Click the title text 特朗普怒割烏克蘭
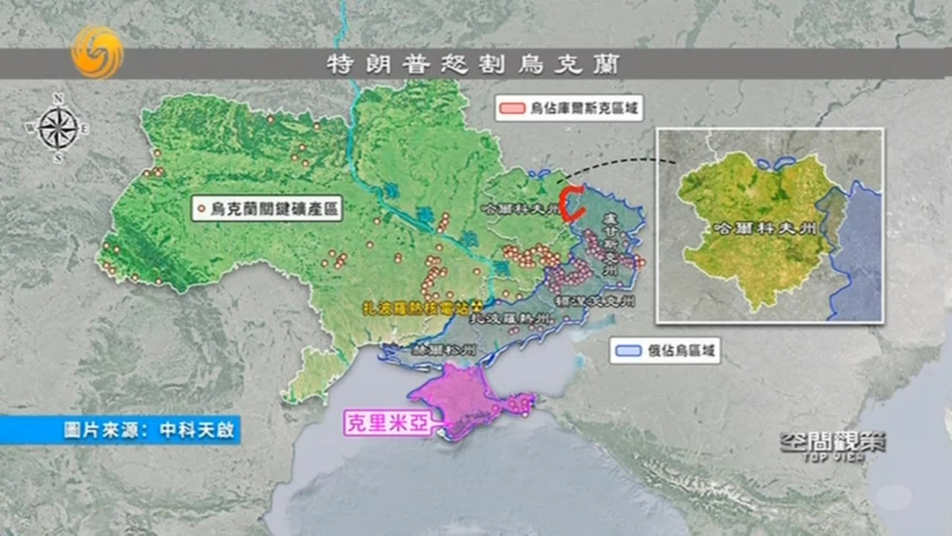coord(473,64)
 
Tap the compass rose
coord(58,127)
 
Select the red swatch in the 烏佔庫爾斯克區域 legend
coord(513,108)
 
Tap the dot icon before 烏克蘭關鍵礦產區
coord(202,209)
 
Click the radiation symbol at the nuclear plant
coord(477,306)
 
